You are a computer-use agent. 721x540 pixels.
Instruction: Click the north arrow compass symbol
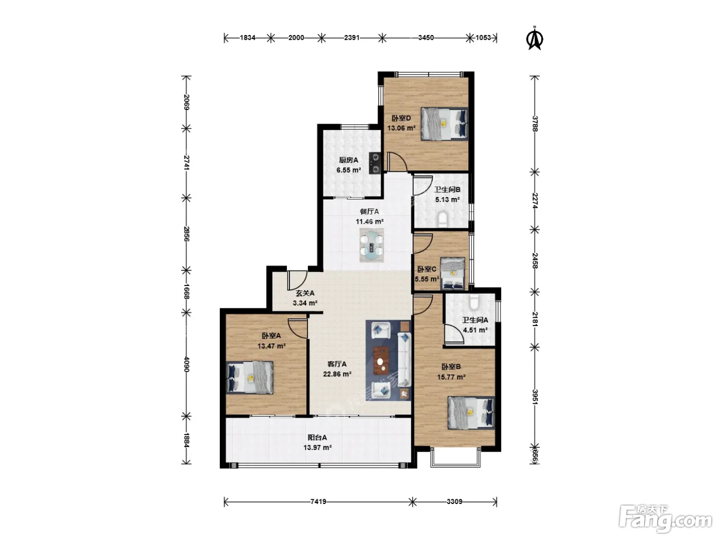535,39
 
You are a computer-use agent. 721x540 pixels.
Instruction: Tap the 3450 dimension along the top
426,38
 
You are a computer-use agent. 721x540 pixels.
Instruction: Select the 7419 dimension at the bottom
318,501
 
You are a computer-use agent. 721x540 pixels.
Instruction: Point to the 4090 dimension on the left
186,364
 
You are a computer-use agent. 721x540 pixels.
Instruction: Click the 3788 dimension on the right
535,123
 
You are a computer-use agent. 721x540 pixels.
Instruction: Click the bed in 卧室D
444,124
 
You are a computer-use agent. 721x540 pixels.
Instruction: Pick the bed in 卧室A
250,377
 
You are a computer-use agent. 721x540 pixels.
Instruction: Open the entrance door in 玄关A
297,280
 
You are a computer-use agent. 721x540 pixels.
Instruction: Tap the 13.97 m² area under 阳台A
317,447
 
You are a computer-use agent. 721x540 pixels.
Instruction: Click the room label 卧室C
426,269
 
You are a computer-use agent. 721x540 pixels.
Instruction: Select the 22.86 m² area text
337,374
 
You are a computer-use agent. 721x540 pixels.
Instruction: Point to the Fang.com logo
665,519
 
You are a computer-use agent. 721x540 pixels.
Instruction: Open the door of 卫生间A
454,334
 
